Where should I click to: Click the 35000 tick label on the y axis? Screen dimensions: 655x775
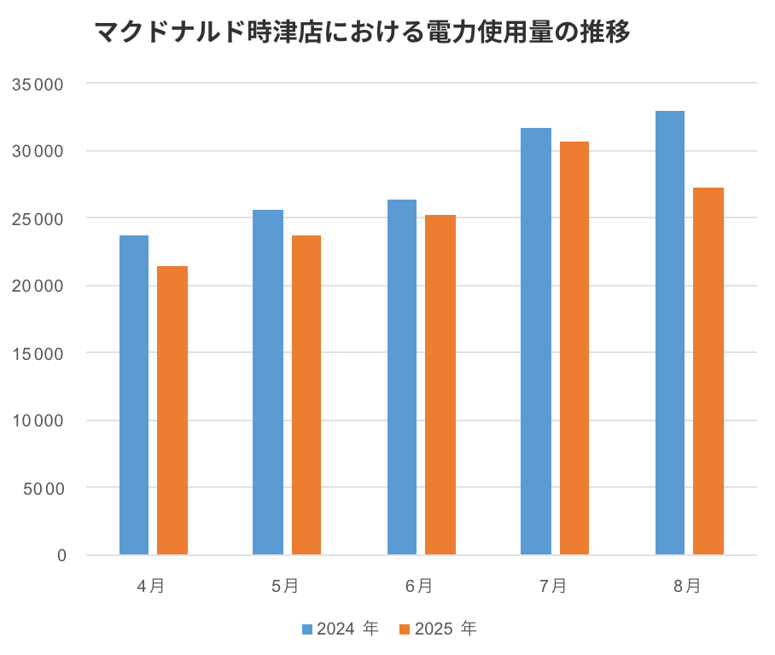(x=39, y=84)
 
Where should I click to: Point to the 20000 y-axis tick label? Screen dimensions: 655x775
(x=39, y=287)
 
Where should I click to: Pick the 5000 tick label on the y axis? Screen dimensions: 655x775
(x=44, y=489)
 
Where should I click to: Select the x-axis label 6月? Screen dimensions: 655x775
(x=419, y=586)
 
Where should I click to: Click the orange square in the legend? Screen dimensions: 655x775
(x=406, y=629)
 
